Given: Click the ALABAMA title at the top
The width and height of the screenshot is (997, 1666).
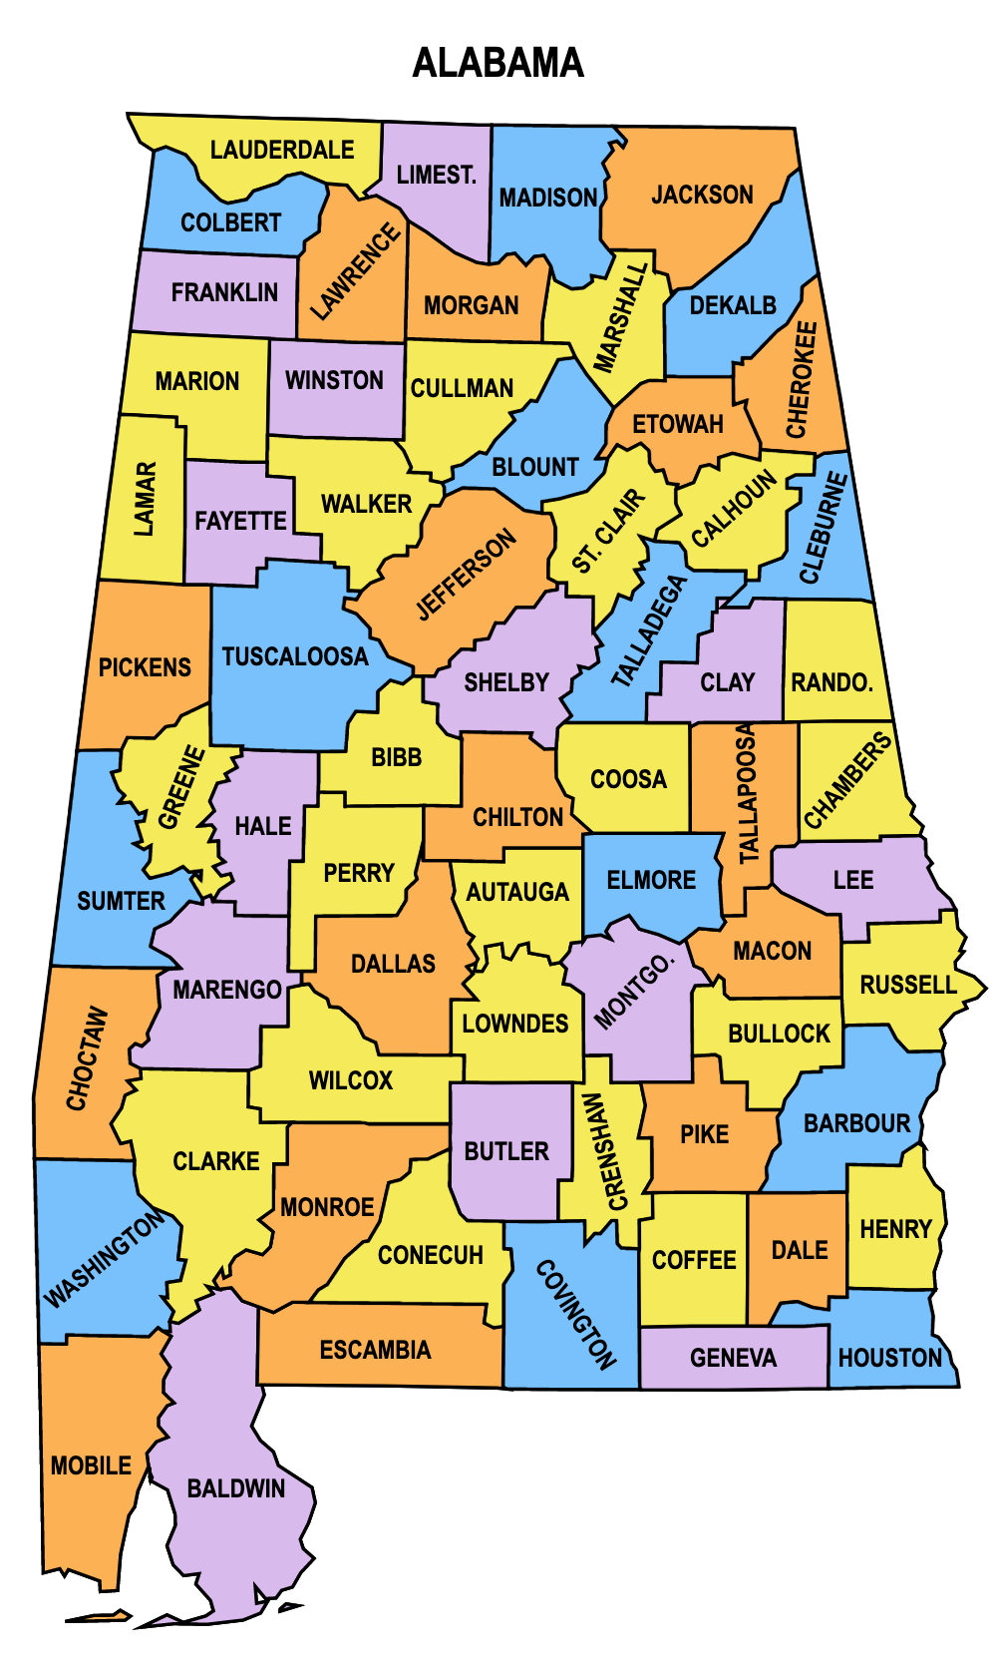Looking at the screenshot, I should click(x=498, y=63).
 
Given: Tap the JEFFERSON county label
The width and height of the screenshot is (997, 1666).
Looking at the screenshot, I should click(x=466, y=574).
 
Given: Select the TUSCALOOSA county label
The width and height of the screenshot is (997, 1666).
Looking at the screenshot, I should click(x=295, y=656).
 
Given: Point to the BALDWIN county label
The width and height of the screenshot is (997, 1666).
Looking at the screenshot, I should click(x=236, y=1488).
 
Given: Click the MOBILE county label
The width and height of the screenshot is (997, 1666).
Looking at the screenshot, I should click(x=91, y=1465).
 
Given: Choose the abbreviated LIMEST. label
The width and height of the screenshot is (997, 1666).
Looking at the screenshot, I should click(x=437, y=175).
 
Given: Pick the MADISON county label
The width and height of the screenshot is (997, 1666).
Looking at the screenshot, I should click(x=547, y=198).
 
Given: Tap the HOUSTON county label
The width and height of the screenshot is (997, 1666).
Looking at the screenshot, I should click(x=890, y=1358).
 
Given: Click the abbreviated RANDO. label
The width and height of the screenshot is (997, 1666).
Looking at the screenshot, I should click(x=831, y=682).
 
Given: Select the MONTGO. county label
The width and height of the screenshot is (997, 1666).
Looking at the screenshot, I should click(x=634, y=992).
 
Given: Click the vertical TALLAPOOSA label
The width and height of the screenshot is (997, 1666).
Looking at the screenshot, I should click(x=748, y=794).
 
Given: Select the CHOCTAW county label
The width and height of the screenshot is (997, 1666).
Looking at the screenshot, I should click(x=87, y=1058).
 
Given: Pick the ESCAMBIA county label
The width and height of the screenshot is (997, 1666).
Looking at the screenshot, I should click(x=376, y=1350).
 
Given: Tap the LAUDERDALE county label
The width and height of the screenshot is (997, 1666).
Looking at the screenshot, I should click(x=282, y=150).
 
